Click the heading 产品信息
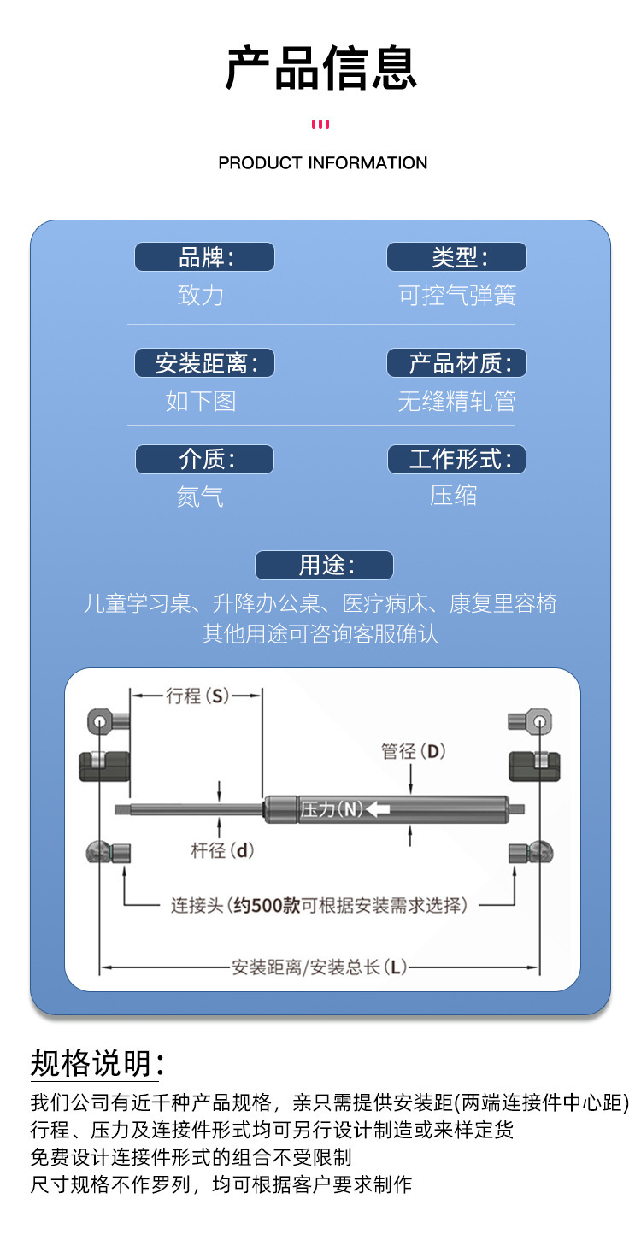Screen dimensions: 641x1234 (320, 68)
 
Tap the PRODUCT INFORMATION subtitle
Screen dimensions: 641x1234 (322, 162)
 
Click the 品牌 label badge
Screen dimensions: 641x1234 (204, 257)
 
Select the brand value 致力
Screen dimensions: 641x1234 (201, 296)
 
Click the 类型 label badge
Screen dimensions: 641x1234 (456, 257)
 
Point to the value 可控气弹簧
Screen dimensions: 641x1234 (457, 296)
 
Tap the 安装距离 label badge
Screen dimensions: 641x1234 (204, 363)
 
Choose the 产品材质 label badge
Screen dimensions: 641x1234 (456, 363)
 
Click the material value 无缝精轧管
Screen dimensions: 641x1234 (456, 401)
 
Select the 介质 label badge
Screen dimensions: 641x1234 (204, 460)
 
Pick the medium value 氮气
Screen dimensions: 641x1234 (200, 497)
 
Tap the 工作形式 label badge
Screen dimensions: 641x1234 (456, 460)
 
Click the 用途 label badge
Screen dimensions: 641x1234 (324, 566)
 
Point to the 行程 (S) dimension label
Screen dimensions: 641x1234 (196, 696)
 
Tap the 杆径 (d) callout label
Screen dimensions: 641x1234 (221, 850)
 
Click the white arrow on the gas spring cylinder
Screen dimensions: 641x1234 (379, 809)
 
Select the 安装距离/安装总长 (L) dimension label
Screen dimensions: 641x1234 (319, 967)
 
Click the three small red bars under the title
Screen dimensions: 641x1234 (320, 125)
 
